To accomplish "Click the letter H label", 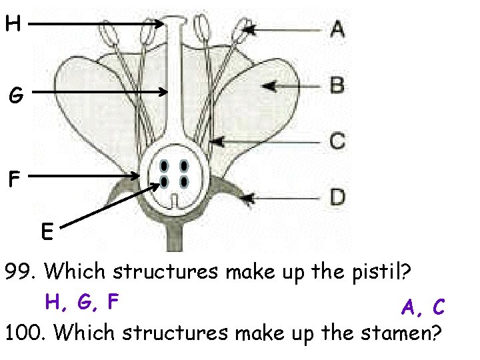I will point(13,25).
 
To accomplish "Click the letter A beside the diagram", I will point(337,29).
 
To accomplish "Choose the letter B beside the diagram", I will point(337,85).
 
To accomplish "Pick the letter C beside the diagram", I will point(337,141).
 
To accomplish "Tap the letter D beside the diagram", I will point(338,197).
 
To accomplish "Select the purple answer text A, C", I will point(423,307).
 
